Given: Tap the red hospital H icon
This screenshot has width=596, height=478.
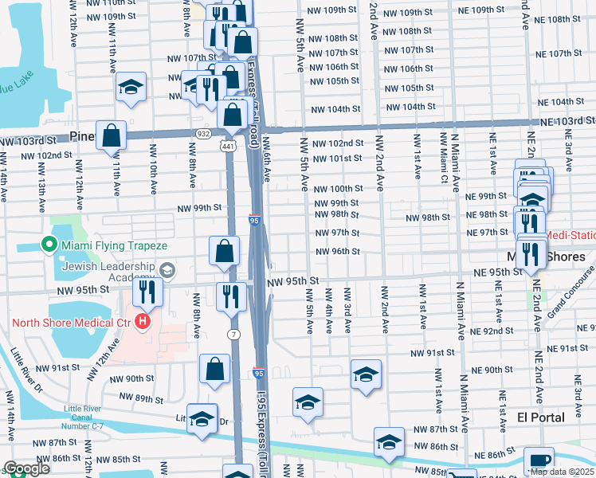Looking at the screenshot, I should tap(143, 323).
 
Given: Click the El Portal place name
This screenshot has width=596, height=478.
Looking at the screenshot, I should tap(540, 417).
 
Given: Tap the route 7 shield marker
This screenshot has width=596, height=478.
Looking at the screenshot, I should tap(233, 334).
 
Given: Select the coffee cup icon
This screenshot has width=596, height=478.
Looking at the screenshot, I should tap(539, 460).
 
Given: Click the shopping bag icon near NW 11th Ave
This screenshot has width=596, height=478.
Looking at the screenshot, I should tap(112, 135).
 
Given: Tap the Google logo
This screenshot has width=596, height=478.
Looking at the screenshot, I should tap(25, 468).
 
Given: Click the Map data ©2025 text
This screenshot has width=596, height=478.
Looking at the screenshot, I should tap(562, 472).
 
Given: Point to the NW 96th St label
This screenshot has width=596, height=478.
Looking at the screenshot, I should tap(338, 252).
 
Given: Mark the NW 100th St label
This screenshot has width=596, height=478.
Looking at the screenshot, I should tap(338, 189).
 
